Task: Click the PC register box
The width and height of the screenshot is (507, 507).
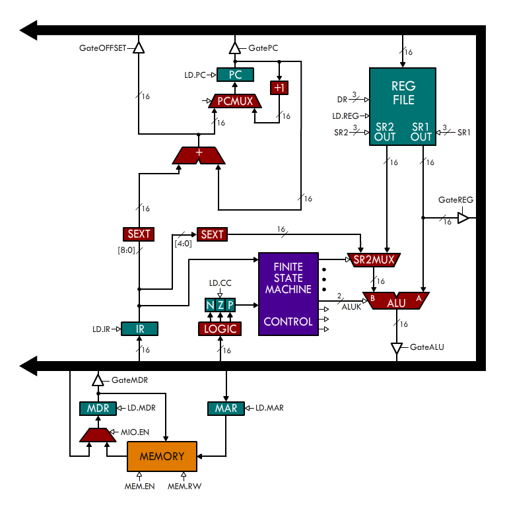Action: [236, 75]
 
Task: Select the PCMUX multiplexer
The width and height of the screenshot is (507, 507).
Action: [236, 101]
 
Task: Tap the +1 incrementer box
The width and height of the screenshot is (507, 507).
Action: [279, 88]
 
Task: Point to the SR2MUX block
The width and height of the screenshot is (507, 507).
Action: [374, 259]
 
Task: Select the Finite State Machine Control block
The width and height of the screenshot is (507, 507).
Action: [288, 294]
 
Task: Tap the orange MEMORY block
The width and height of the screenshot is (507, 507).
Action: [162, 456]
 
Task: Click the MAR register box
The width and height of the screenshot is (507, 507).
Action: [226, 408]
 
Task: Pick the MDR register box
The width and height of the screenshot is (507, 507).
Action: [98, 408]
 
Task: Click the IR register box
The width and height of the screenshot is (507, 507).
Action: [139, 328]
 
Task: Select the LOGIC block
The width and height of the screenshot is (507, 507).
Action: [219, 328]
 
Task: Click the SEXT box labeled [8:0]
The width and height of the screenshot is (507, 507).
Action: [139, 234]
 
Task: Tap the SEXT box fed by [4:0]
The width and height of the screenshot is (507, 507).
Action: [212, 234]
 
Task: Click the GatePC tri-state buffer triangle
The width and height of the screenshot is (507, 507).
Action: [235, 48]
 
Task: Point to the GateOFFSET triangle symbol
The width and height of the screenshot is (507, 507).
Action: [138, 48]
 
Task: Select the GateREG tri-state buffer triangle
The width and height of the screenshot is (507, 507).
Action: [464, 217]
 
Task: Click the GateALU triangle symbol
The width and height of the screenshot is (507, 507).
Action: [396, 348]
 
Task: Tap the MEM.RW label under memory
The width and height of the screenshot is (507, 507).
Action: [184, 487]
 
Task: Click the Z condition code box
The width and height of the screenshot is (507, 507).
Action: [220, 305]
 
